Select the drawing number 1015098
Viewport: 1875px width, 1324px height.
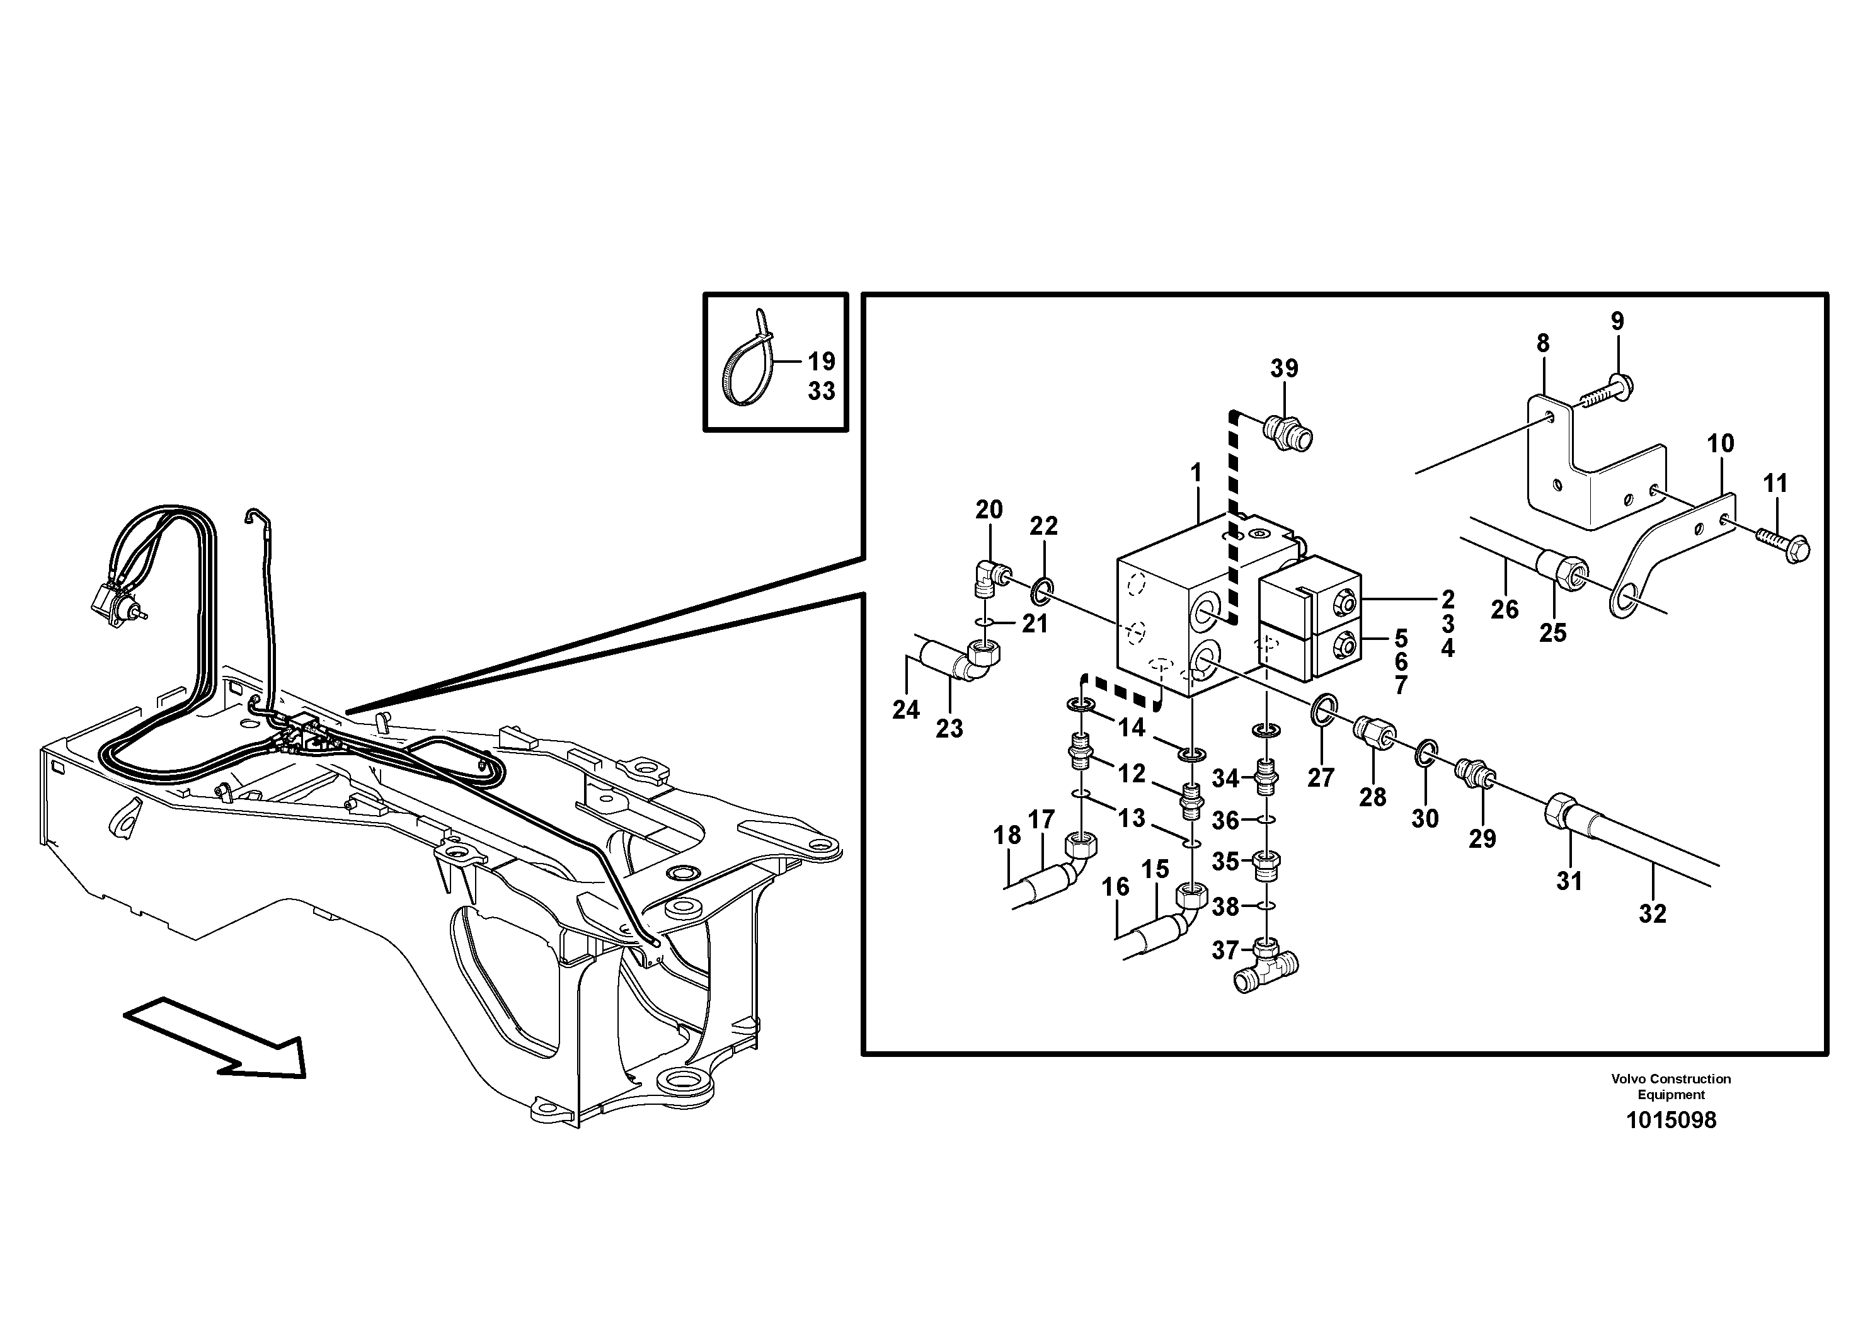pyautogui.click(x=1671, y=1120)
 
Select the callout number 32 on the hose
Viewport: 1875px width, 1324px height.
pyautogui.click(x=1652, y=913)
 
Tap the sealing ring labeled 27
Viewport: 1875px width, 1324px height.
pyautogui.click(x=1323, y=709)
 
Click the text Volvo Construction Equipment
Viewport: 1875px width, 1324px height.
pyautogui.click(x=1671, y=1086)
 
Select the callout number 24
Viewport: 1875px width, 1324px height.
pyautogui.click(x=905, y=709)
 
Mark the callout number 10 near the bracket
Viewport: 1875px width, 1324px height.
pyautogui.click(x=1721, y=443)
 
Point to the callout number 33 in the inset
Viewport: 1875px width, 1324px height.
pyautogui.click(x=822, y=391)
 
